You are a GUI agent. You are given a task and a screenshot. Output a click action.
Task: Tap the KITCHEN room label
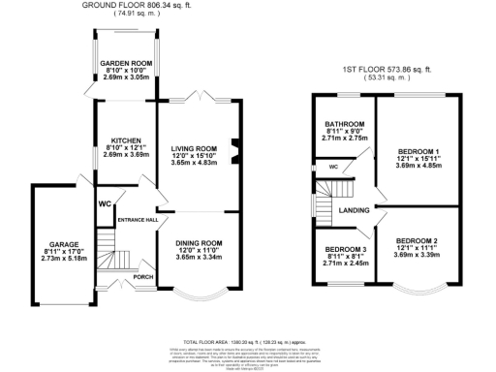126,139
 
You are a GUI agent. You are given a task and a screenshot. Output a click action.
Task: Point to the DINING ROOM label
199,243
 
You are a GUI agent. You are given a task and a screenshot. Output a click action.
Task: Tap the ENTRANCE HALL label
137,220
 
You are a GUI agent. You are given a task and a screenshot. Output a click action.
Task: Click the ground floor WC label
104,203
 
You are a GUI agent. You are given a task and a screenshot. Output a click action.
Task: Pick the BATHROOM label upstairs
344,124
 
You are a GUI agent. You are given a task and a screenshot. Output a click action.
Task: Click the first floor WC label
332,168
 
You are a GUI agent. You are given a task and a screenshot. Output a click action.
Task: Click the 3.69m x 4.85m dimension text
418,165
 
